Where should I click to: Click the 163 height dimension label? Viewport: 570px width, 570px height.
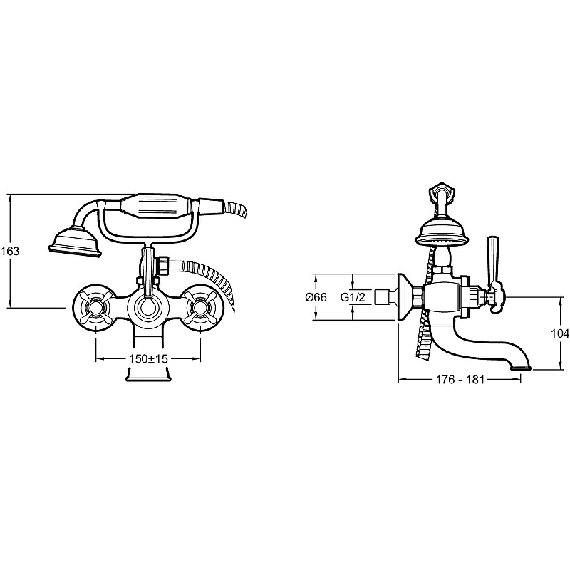pos(10,251)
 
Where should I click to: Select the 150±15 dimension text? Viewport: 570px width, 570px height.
pos(149,359)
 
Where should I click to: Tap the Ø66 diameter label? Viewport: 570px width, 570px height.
pos(316,297)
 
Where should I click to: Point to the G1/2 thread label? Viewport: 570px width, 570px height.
pos(353,297)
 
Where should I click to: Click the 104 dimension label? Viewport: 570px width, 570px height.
pos(560,333)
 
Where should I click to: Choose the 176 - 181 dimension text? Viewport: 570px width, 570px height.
pos(460,380)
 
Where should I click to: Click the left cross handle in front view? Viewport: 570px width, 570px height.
pos(95,309)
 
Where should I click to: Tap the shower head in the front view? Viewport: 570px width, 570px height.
pos(76,242)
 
